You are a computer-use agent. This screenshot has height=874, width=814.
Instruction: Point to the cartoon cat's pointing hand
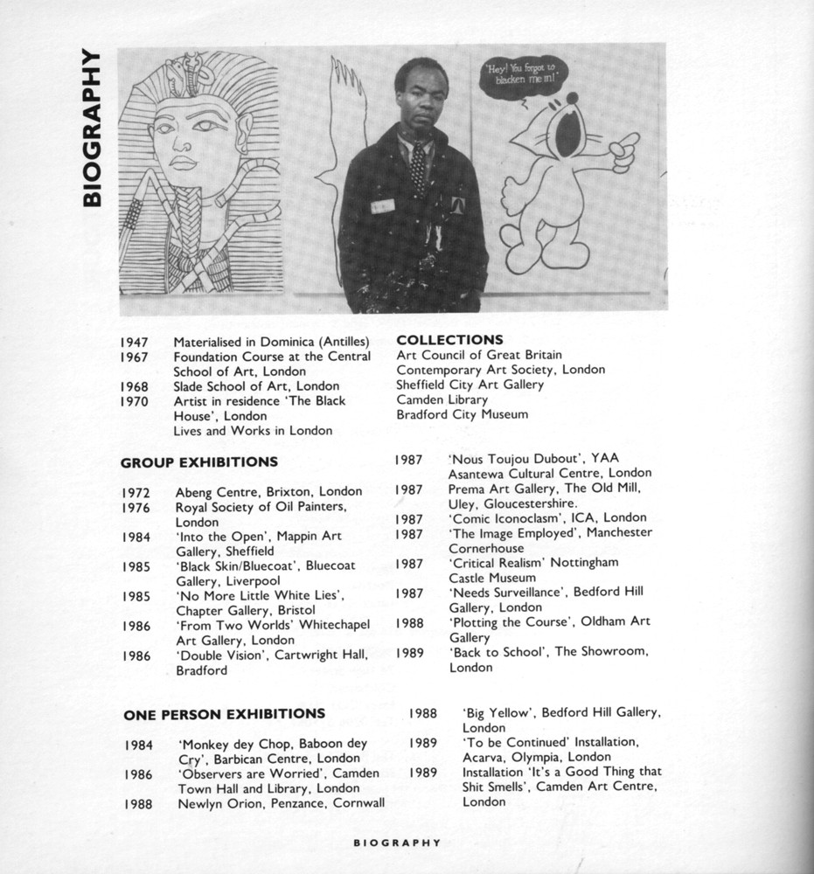point(623,149)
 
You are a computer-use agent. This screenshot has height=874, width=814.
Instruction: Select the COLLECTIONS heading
point(449,339)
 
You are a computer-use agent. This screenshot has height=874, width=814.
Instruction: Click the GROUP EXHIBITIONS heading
point(198,461)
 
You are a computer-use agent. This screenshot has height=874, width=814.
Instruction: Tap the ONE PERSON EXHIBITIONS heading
point(224,714)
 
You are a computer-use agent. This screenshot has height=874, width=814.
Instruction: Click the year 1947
point(135,342)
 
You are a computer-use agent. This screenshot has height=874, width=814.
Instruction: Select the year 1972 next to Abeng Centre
point(136,492)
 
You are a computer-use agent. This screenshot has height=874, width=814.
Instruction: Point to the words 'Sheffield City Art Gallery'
point(470,385)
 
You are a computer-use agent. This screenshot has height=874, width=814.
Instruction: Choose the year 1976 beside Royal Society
point(136,507)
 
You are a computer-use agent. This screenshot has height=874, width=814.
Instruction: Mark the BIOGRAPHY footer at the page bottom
point(396,843)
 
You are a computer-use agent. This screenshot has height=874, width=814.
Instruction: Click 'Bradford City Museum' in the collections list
point(462,414)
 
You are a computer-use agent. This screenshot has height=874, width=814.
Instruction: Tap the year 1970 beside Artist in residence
point(135,401)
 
